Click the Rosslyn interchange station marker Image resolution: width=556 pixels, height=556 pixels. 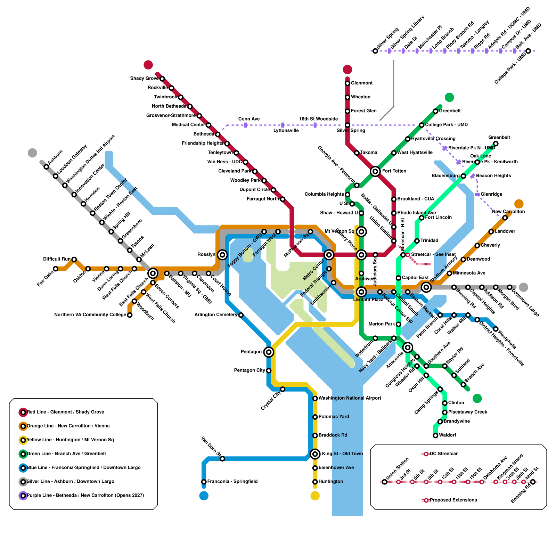[222, 255]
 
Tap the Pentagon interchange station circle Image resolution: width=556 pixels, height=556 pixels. [268, 352]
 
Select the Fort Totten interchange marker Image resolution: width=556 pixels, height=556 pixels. [375, 171]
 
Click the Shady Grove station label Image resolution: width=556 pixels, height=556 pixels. [144, 79]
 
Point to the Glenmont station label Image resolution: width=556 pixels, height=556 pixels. [361, 83]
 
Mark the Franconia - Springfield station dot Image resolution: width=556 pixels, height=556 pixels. [204, 482]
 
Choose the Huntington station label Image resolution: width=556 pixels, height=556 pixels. [330, 482]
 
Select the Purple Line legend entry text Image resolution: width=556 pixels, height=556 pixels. [85, 496]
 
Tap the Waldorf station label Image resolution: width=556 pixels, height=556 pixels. [447, 435]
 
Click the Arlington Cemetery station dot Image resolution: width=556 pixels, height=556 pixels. [241, 315]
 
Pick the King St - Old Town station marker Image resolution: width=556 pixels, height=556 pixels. [315, 454]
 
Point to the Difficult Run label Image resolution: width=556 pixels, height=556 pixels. [57, 259]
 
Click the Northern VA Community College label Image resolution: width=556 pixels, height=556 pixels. [90, 315]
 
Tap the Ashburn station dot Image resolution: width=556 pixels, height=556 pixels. [46, 167]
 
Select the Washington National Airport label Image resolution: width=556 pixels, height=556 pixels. [350, 398]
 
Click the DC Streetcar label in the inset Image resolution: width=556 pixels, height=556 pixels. [443, 454]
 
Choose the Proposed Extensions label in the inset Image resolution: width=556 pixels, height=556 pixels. [453, 500]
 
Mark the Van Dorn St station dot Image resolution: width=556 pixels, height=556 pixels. [222, 459]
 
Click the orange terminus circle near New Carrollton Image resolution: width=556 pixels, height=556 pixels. [519, 204]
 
